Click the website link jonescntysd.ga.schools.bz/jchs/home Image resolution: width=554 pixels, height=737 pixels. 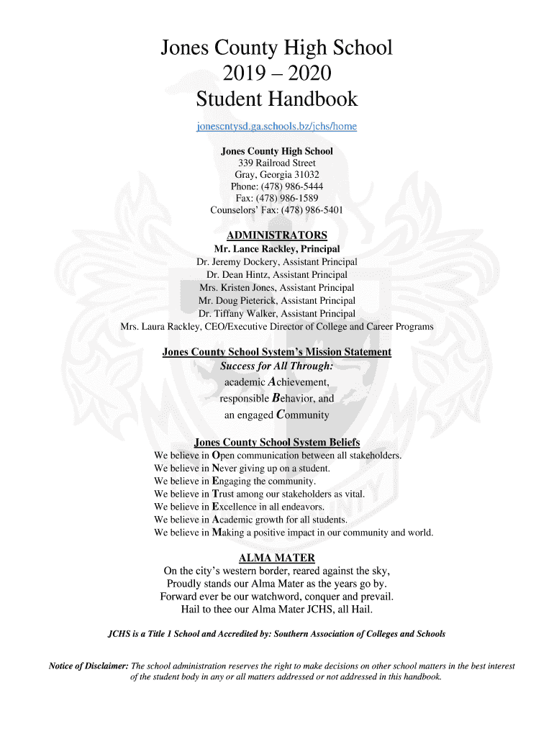click(276, 127)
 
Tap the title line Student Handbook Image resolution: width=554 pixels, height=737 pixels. click(276, 98)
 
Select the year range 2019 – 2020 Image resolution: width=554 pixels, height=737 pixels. click(276, 73)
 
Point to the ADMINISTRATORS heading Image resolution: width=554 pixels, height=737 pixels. click(276, 235)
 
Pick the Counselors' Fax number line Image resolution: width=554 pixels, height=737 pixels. click(276, 210)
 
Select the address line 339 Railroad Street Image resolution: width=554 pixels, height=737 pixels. click(276, 163)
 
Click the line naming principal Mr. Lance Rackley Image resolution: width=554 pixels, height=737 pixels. click(276, 249)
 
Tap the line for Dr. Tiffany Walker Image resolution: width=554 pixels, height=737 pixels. click(276, 314)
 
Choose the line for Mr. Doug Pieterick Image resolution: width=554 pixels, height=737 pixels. click(276, 301)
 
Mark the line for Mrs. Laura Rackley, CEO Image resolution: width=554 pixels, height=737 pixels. click(276, 327)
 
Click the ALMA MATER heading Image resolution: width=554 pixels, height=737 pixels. click(276, 559)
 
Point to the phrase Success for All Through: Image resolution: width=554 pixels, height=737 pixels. click(276, 366)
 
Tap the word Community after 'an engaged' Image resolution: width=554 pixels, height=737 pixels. click(302, 415)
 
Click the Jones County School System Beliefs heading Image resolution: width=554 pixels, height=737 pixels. click(276, 442)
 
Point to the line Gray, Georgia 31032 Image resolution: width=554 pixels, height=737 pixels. click(276, 175)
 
